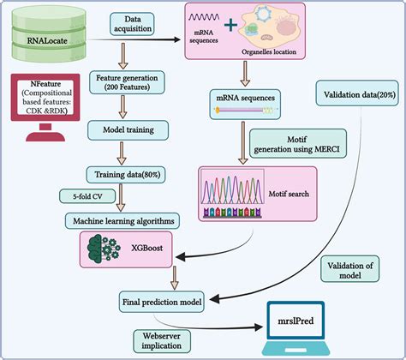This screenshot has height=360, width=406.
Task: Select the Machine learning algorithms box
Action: [x=128, y=221]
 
